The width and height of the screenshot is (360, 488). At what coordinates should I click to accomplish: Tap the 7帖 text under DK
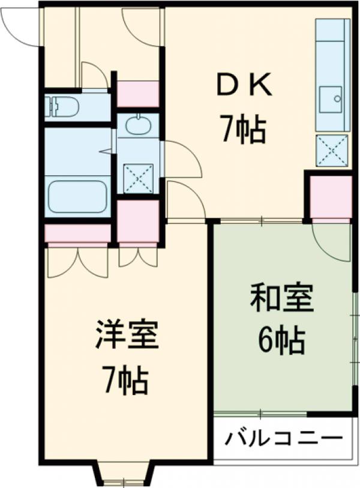tap(244, 130)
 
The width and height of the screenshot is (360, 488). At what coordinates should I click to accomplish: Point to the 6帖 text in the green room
tap(282, 340)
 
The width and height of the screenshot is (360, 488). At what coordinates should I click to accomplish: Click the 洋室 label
tap(127, 336)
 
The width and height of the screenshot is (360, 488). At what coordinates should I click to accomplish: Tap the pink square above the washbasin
tap(138, 94)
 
